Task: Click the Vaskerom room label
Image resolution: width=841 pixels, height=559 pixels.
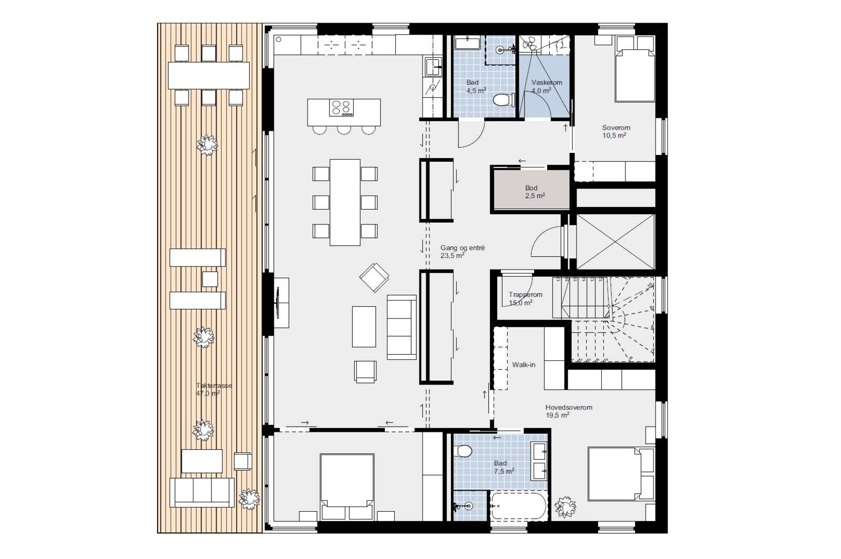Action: coord(547,82)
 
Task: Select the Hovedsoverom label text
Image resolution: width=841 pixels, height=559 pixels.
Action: coord(569,408)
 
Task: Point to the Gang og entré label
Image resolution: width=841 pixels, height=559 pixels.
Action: coord(463,248)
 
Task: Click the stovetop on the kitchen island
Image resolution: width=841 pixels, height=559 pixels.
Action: coord(342,108)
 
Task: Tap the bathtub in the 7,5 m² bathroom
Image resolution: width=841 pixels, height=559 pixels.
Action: coord(518,506)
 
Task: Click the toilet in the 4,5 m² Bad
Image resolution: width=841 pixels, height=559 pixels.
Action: coord(503,100)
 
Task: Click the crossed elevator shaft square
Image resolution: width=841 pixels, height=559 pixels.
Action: coord(616,242)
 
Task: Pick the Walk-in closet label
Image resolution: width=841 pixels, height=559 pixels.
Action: coord(524,365)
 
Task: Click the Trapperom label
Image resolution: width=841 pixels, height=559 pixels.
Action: coord(526,295)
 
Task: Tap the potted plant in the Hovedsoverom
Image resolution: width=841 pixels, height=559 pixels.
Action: coord(565,507)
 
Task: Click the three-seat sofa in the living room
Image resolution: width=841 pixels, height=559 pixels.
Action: coord(402,327)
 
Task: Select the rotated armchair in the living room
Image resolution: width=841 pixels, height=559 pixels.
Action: coord(374,277)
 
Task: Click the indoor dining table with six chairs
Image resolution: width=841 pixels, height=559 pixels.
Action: coord(345,203)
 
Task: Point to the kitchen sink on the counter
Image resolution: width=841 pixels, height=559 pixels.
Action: coord(433,67)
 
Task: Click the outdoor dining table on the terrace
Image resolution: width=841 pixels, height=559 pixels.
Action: coord(209,76)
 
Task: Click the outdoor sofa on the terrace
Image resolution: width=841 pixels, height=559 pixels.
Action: coord(202,493)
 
